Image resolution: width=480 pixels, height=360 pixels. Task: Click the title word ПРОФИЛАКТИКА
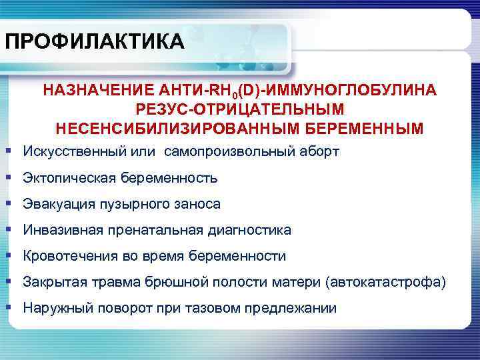pyautogui.click(x=93, y=42)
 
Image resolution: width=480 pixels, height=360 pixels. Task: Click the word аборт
pyautogui.click(x=319, y=152)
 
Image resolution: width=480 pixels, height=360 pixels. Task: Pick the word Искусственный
pyautogui.click(x=67, y=152)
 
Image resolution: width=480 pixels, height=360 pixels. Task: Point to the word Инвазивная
pyautogui.click(x=58, y=230)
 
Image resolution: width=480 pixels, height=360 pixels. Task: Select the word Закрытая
pyautogui.click(x=53, y=282)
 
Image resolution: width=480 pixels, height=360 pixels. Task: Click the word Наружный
pyautogui.click(x=55, y=308)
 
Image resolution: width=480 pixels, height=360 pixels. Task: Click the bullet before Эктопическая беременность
pyautogui.click(x=8, y=178)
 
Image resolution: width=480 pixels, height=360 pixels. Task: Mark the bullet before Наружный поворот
pyautogui.click(x=8, y=307)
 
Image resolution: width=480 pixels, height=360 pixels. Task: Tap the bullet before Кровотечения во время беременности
pyautogui.click(x=8, y=256)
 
